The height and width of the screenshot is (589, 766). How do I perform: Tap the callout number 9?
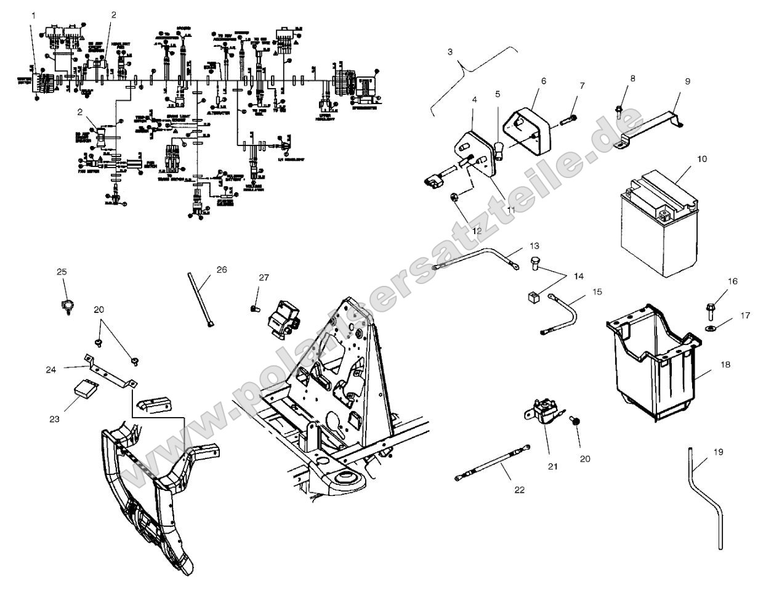(x=688, y=81)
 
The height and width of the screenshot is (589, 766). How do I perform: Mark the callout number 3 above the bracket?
(x=450, y=52)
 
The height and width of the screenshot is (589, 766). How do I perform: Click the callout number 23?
(x=54, y=419)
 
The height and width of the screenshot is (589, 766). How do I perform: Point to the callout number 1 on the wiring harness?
(x=33, y=14)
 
